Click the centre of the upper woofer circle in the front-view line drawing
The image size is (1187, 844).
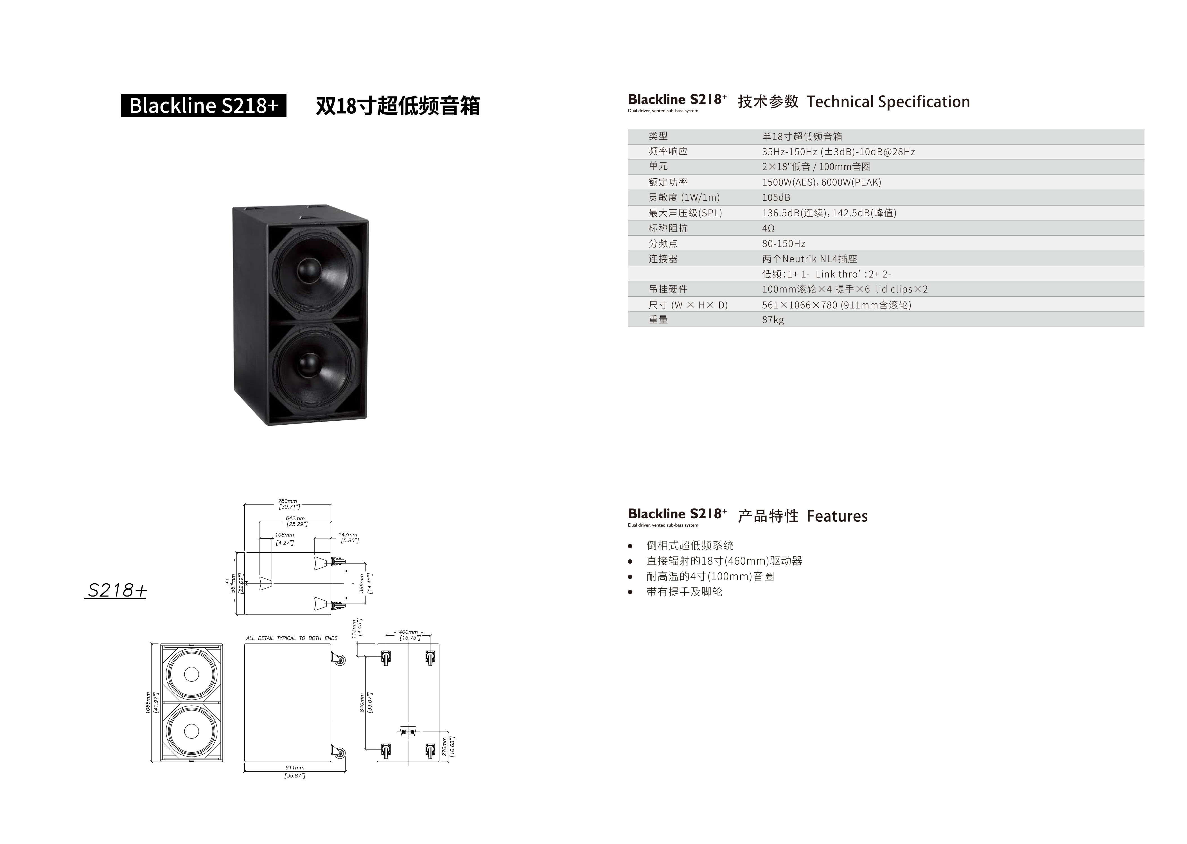point(191,674)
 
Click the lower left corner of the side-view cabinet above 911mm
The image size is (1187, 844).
point(245,762)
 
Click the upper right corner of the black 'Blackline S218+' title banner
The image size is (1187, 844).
point(286,94)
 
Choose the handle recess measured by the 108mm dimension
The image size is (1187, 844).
point(265,583)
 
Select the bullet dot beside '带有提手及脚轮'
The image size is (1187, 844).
point(630,592)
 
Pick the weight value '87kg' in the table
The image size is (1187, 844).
point(773,319)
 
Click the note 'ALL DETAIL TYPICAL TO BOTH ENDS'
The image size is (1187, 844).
point(292,638)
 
